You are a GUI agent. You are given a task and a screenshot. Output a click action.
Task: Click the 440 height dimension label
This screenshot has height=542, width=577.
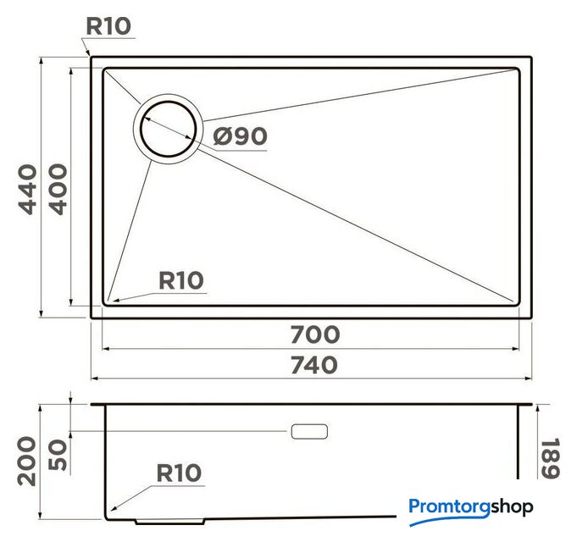(28, 190)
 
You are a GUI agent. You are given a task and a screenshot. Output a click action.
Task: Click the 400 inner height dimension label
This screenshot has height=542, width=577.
(58, 189)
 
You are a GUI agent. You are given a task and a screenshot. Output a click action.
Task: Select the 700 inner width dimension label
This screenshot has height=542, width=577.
(315, 335)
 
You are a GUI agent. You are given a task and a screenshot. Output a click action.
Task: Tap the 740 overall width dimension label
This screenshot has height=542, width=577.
(314, 365)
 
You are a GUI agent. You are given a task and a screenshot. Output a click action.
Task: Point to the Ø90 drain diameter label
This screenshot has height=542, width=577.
(240, 136)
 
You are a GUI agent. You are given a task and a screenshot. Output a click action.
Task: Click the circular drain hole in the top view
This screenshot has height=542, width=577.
(168, 129)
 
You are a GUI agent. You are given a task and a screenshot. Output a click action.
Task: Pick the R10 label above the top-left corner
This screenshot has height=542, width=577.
(108, 26)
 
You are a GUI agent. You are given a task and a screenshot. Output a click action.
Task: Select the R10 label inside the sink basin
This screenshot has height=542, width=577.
(180, 280)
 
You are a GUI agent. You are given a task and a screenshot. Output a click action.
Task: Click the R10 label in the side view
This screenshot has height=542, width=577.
(179, 473)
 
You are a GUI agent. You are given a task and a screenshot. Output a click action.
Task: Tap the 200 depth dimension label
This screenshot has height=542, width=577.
(27, 461)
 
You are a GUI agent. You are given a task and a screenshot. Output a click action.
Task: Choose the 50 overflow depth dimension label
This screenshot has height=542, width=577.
(58, 455)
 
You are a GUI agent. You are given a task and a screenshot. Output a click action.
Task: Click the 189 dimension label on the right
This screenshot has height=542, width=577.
(550, 458)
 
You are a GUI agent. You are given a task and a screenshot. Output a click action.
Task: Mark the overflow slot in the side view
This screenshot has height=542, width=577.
(309, 431)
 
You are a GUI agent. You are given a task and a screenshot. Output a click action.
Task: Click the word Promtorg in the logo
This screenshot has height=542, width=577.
(449, 508)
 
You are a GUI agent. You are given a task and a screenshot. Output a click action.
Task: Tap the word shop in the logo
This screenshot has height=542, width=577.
(512, 507)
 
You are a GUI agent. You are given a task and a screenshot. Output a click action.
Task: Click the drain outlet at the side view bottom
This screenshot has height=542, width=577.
(170, 522)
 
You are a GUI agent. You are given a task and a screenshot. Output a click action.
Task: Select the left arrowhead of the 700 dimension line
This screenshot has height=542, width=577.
(107, 349)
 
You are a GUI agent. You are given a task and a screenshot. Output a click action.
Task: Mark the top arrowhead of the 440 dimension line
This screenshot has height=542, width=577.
(42, 62)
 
